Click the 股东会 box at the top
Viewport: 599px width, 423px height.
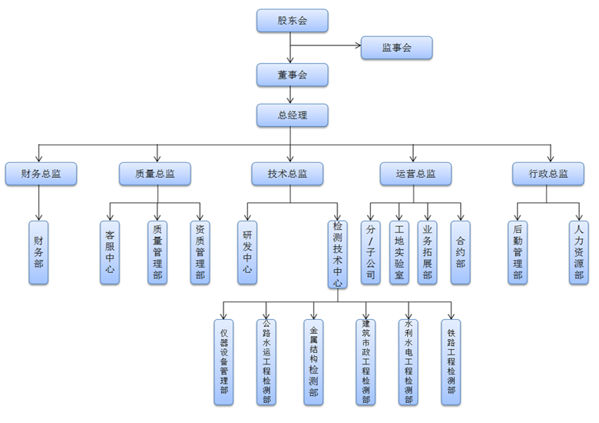pos(292,21)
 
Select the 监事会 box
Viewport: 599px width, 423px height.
pos(396,48)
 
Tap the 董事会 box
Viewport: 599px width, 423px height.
pos(292,75)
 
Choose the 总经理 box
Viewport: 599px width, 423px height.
pos(292,115)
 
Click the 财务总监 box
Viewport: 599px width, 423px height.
pos(41,174)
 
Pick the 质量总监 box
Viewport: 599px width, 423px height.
pos(155,174)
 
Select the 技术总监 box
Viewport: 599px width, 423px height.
pos(290,174)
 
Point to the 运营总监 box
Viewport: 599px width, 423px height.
pos(415,174)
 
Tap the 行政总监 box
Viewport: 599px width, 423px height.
pos(548,174)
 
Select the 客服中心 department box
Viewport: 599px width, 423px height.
pos(110,252)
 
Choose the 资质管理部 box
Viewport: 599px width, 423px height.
pos(200,252)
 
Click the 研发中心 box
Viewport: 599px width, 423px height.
pos(247,252)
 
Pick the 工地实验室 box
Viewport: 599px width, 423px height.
pos(399,252)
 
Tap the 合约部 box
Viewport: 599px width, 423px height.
pos(460,252)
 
